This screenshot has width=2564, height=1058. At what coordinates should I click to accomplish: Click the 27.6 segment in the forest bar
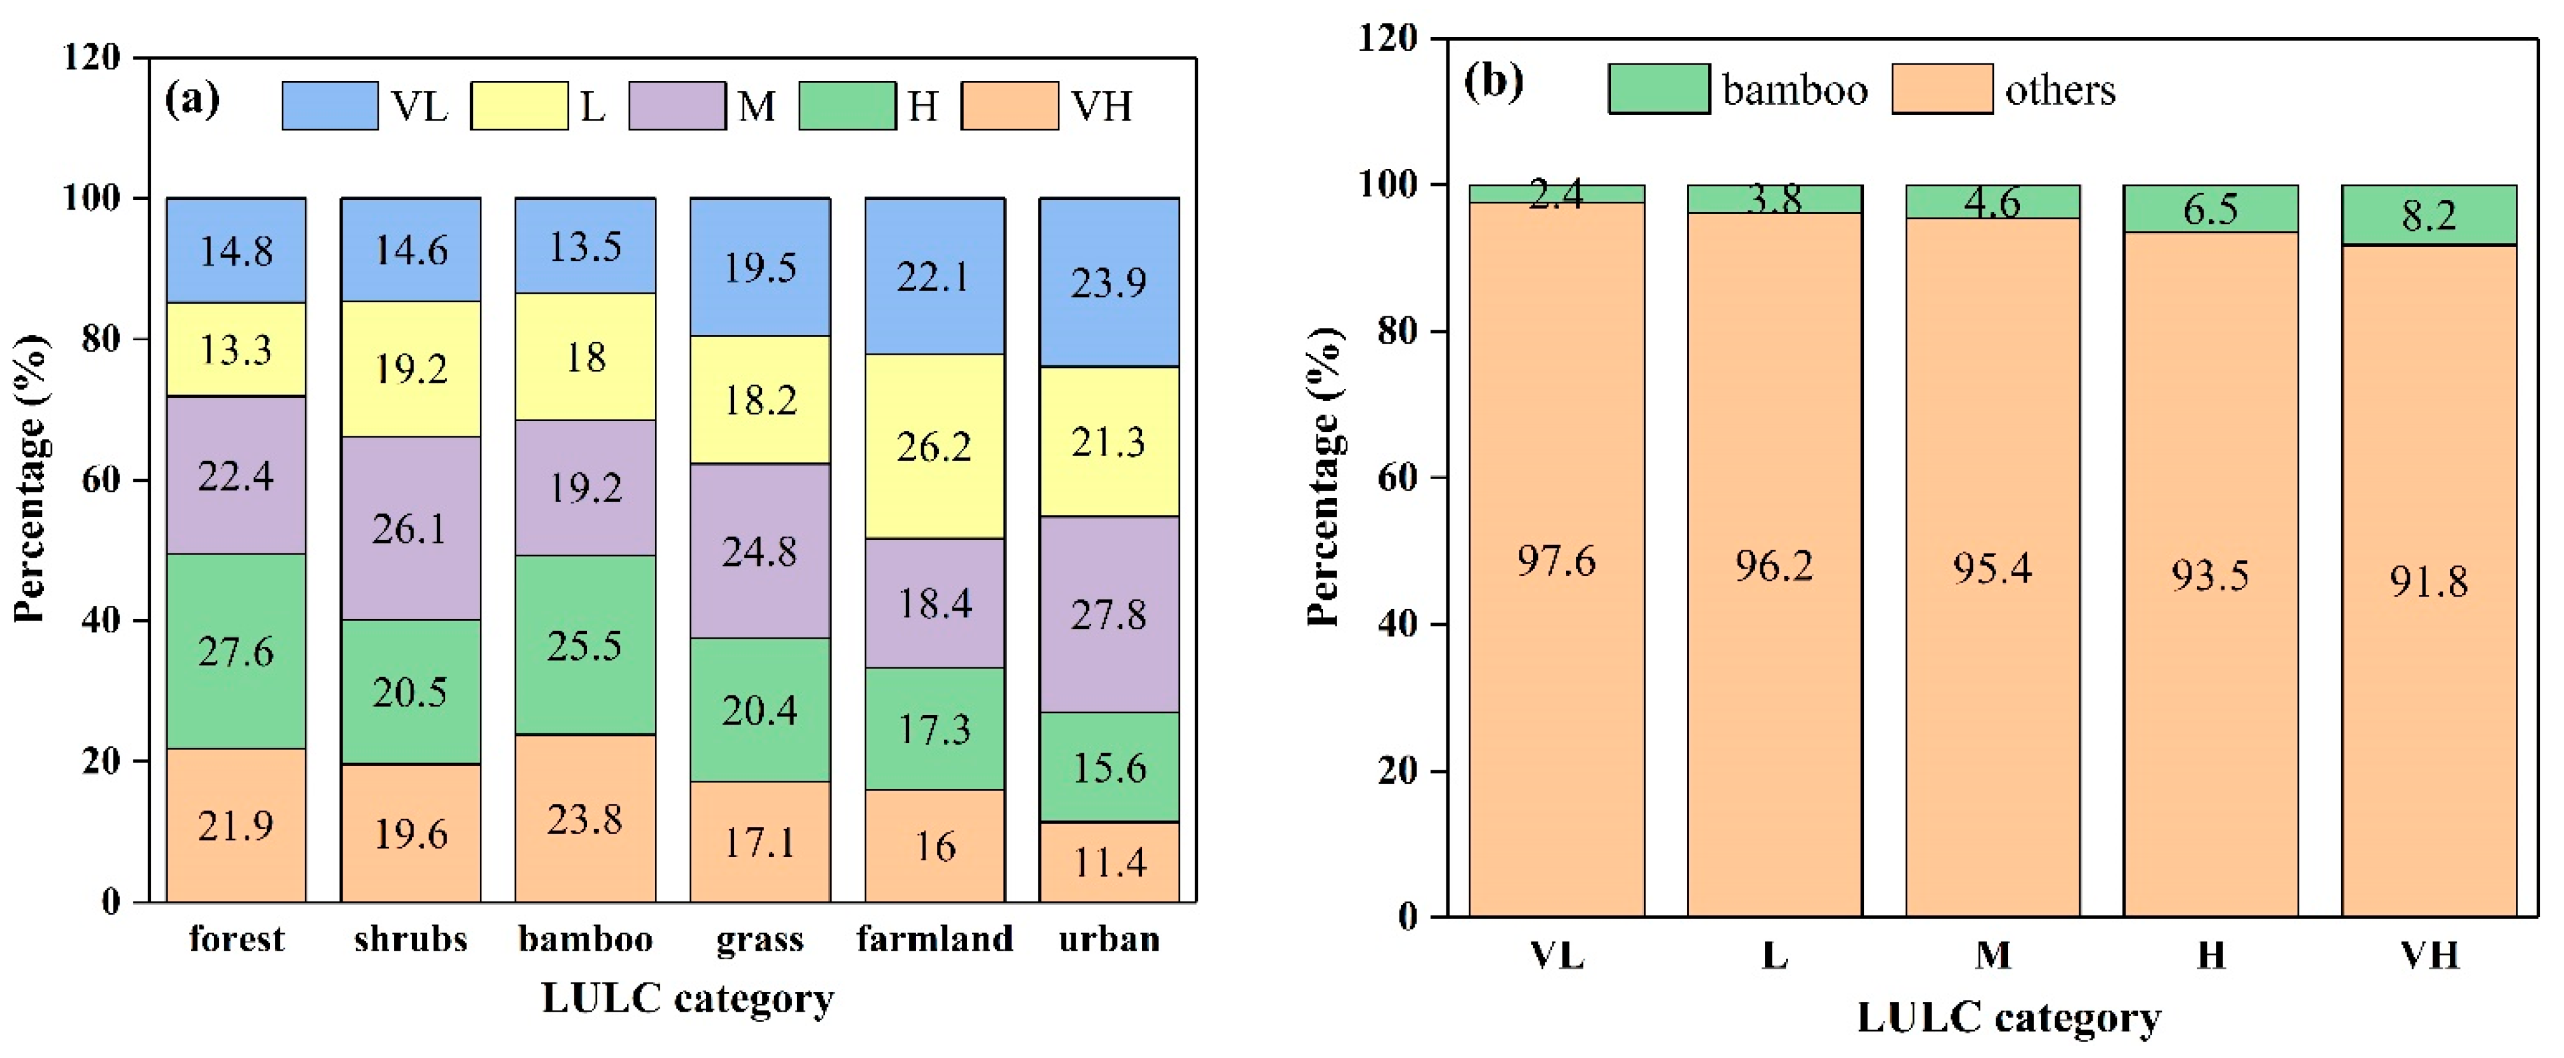coord(236,651)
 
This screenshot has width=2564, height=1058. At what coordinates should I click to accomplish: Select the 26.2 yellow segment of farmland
coord(935,447)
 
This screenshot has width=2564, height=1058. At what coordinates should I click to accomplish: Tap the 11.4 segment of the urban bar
coord(1109,862)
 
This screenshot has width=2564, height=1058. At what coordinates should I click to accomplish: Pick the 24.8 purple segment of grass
coord(760,550)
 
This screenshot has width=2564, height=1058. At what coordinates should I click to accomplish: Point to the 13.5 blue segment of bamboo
coord(585,246)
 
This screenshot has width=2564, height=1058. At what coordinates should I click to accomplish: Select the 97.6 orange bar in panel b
coord(1557,559)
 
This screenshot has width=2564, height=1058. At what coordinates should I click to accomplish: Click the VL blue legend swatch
coord(329,105)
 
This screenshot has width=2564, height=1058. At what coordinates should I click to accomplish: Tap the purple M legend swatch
coord(677,105)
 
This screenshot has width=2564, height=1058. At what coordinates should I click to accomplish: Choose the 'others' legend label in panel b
coord(2059,91)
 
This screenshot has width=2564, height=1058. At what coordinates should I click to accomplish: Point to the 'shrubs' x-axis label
coord(410,939)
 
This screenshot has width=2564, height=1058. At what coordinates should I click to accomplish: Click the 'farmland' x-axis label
coord(935,939)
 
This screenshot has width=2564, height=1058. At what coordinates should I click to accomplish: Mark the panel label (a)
coord(192,99)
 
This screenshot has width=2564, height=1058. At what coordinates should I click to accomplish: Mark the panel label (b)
coord(1493,80)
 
